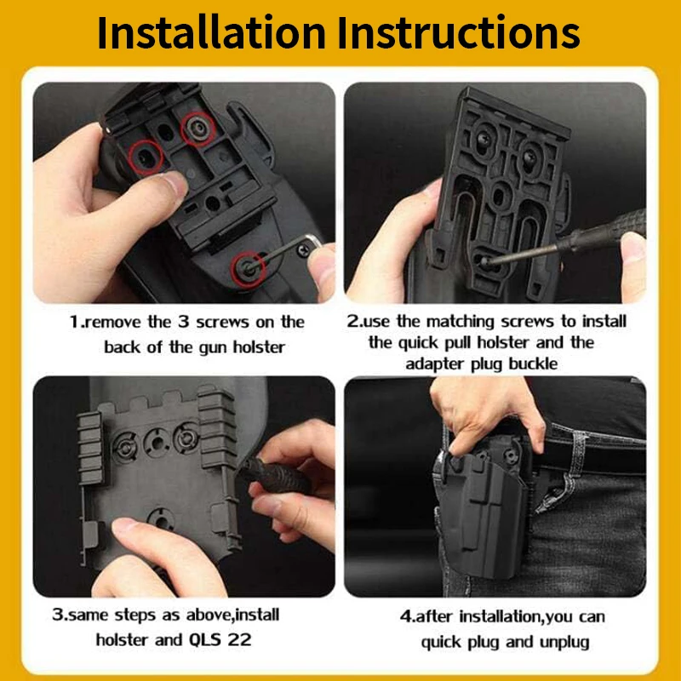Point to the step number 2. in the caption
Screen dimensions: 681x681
point(355,322)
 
